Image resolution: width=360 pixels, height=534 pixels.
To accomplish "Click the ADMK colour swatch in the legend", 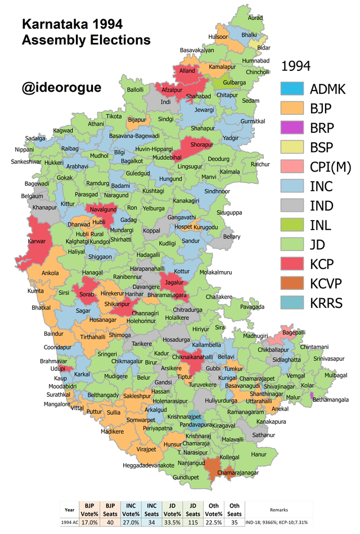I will point(291,88).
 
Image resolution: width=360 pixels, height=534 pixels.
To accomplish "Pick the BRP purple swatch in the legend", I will point(291,128).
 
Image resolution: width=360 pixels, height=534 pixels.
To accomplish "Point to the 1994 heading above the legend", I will point(296,66).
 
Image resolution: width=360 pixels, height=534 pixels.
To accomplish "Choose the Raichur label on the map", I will point(260,164).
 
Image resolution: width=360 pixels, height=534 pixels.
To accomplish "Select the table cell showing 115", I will point(193,523).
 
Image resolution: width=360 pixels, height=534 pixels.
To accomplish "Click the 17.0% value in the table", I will point(89,523).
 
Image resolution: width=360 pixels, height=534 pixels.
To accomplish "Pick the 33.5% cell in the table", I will point(172,523).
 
